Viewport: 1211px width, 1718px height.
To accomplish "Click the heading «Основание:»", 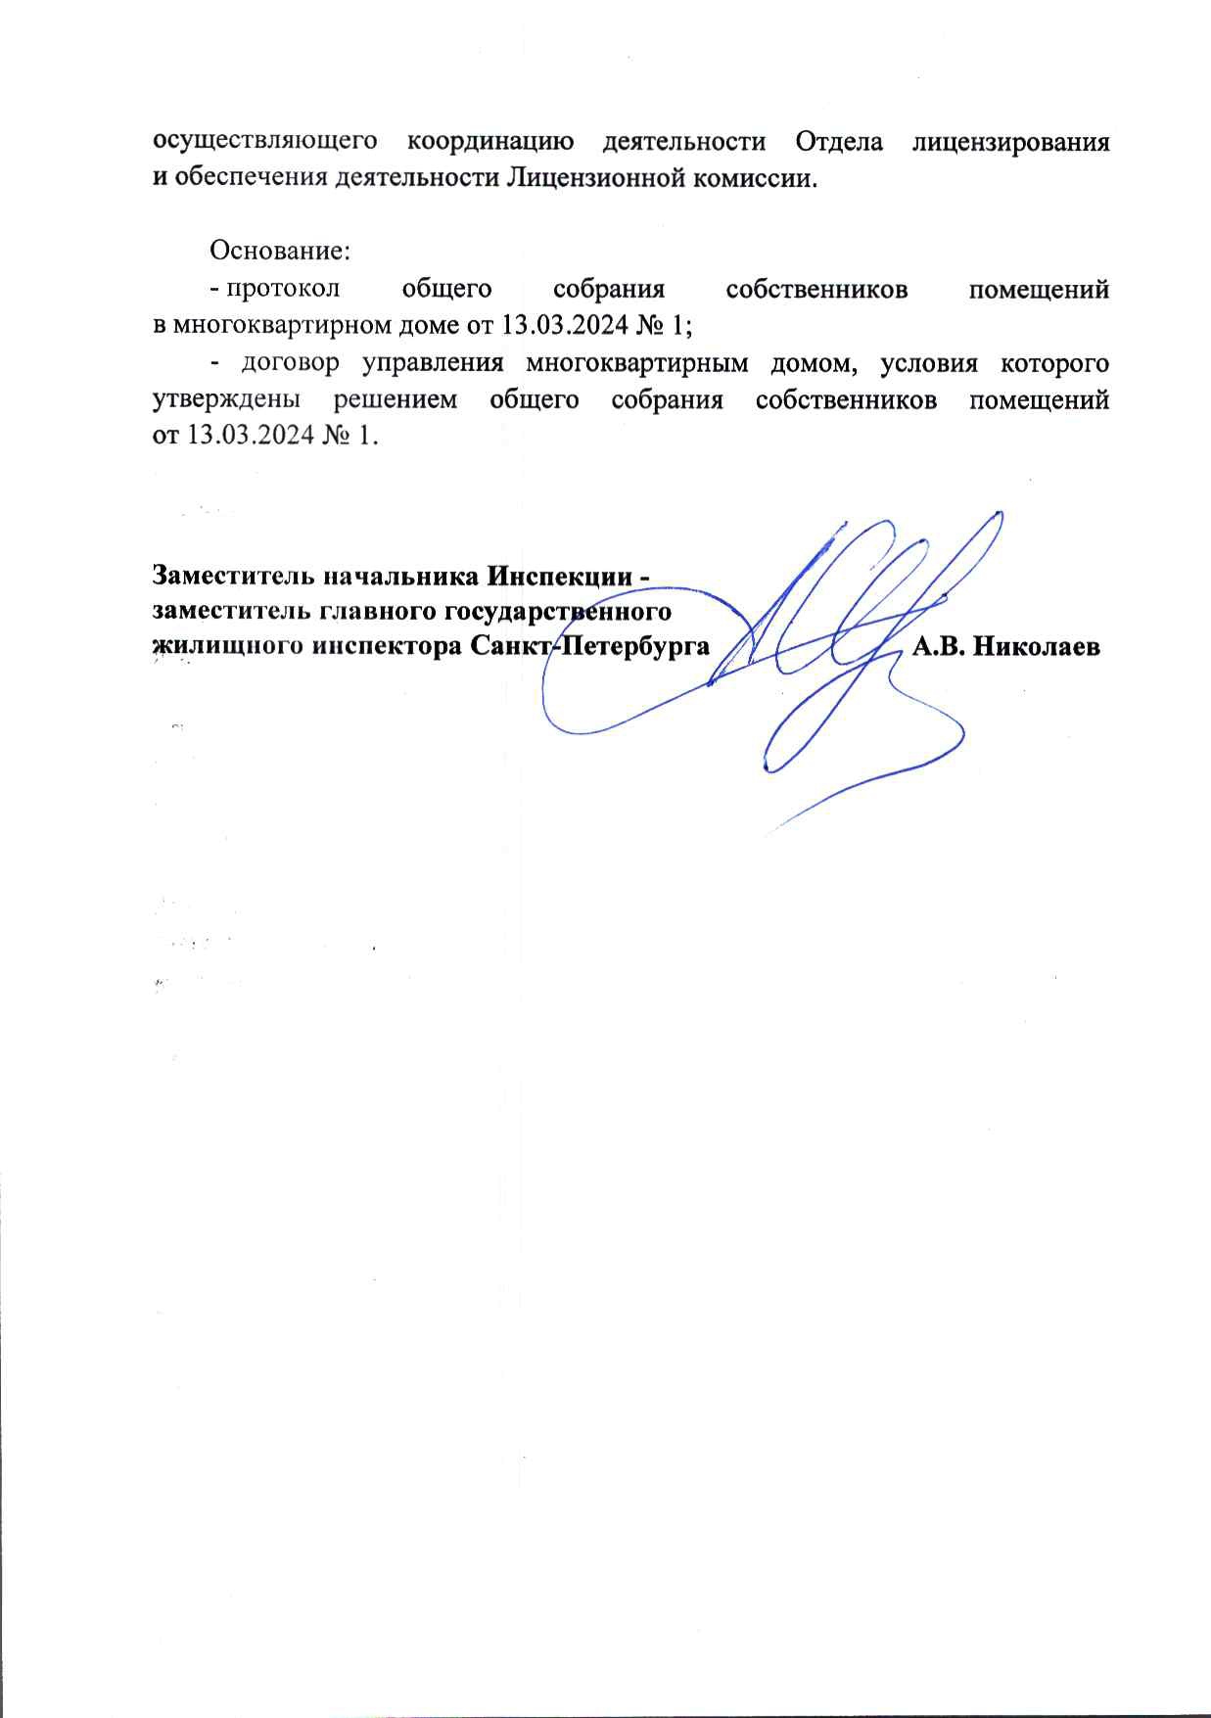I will pyautogui.click(x=280, y=251).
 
